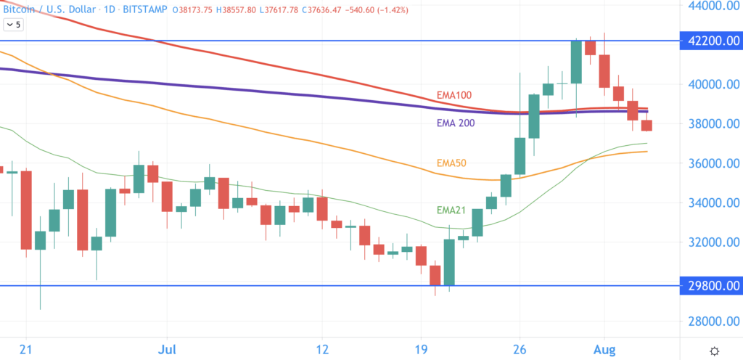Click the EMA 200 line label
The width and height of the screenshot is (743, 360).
456,123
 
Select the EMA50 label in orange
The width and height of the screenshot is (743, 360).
453,163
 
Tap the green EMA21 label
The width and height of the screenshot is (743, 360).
454,210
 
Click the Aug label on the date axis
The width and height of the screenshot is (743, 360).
604,349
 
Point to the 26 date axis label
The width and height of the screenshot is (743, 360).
519,349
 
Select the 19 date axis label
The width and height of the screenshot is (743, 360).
421,349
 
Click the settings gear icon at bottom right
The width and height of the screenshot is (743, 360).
714,351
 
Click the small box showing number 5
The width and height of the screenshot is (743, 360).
13,25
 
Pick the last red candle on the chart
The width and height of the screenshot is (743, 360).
646,126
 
